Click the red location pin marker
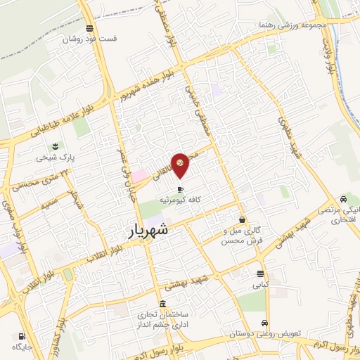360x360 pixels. coord(181,165)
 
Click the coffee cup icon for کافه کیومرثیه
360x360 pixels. coord(181,189)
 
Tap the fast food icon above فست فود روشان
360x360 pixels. coord(89,28)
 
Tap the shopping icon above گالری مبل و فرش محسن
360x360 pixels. coord(242,219)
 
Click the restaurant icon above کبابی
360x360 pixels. coord(261,274)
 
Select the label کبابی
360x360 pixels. coord(260,286)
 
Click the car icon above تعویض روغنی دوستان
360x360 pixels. coord(264,322)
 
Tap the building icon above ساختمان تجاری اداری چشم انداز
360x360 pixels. coord(163,304)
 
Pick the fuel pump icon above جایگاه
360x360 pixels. coord(21,336)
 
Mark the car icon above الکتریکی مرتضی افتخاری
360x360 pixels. coord(342,198)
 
